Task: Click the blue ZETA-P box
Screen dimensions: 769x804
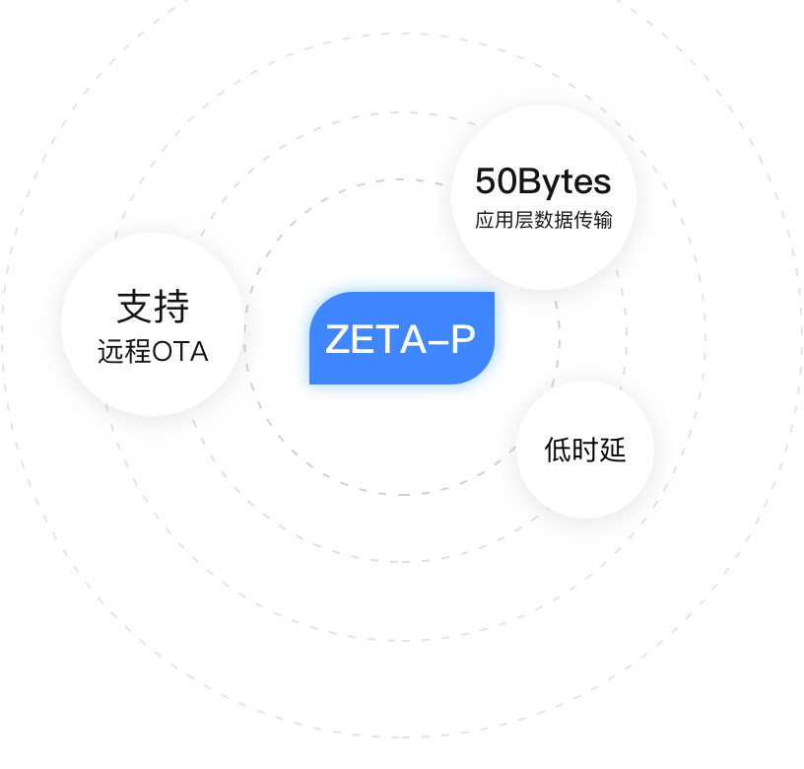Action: tap(402, 338)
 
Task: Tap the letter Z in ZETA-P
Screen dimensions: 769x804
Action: tap(337, 340)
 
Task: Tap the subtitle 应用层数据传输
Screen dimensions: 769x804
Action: tap(543, 220)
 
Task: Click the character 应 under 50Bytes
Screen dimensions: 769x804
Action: tap(484, 220)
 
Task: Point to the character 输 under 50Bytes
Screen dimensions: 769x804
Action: tap(603, 220)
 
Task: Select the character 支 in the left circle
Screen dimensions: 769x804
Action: tap(135, 307)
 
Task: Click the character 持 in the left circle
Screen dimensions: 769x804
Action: tap(170, 307)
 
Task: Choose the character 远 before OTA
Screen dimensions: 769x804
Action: tap(110, 352)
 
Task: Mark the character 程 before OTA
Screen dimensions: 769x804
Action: tap(137, 352)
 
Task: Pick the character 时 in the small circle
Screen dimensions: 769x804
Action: tap(585, 451)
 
